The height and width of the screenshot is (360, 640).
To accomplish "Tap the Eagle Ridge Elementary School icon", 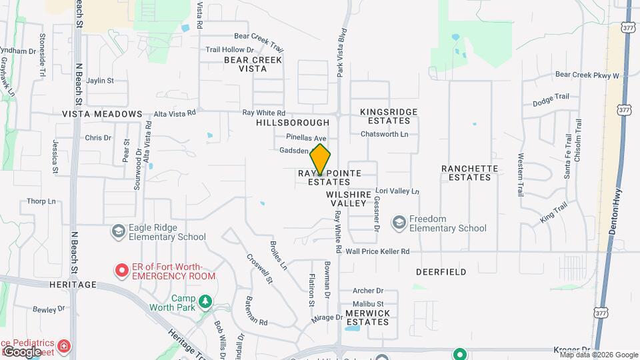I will (119, 230).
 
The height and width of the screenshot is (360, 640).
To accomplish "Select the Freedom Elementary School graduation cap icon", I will (399, 222).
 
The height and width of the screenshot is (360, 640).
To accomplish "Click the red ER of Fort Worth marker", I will (122, 271).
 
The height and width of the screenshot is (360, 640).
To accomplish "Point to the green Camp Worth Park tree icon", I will (206, 303).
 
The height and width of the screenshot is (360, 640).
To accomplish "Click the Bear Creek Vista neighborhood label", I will (253, 64).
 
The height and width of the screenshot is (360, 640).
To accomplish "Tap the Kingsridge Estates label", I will (389, 116).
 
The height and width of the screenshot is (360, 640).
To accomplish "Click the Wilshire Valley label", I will (347, 198).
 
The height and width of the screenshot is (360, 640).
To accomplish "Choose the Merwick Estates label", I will (367, 317).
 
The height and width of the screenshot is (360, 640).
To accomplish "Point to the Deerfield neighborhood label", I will (441, 272).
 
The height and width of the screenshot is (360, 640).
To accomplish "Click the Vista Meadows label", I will (102, 114).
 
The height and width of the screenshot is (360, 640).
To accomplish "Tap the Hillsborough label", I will (293, 123).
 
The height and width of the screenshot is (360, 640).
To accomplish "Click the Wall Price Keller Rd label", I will (377, 251).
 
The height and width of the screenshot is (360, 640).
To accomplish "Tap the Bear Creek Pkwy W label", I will (587, 75).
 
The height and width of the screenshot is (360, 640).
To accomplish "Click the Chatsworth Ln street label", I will (384, 134).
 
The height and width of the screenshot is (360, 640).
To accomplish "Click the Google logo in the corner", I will (22, 351).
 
